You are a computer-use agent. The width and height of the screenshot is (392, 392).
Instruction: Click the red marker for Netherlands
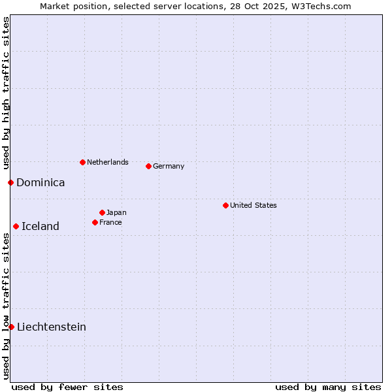click(x=82, y=162)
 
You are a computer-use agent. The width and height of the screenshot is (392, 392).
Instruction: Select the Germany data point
click(x=148, y=166)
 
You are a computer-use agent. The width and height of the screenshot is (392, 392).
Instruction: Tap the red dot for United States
click(x=225, y=205)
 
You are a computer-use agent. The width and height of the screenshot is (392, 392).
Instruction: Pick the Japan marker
click(x=102, y=212)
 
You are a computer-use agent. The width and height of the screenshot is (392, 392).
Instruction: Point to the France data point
click(x=95, y=222)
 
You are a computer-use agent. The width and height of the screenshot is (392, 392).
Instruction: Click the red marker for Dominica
click(x=10, y=182)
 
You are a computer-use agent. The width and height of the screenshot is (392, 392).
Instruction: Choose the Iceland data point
click(x=16, y=226)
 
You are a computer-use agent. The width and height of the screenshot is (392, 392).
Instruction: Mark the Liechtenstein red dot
click(x=11, y=327)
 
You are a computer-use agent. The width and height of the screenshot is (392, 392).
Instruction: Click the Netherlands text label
click(x=107, y=162)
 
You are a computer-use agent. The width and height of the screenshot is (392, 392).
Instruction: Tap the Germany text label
click(x=169, y=166)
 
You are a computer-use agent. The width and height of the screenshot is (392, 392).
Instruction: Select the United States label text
click(x=253, y=205)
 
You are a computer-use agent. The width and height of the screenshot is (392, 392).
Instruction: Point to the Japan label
click(x=116, y=212)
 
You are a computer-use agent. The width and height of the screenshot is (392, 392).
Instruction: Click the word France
click(x=110, y=222)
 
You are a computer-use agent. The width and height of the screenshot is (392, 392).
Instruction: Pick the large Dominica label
click(x=41, y=182)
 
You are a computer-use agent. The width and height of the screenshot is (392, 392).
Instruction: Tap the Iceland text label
click(x=41, y=226)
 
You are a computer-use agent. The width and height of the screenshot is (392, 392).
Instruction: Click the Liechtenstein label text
click(x=52, y=327)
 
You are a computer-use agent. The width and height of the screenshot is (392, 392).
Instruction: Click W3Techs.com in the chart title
click(x=321, y=6)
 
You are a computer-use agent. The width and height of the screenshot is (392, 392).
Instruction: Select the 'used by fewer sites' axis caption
click(x=67, y=387)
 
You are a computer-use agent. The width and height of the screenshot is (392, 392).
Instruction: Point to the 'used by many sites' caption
click(x=328, y=387)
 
